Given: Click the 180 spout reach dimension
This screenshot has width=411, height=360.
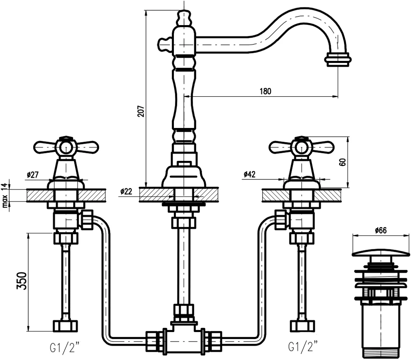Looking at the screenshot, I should tap(266, 91).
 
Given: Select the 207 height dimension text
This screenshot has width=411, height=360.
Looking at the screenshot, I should tap(141, 111).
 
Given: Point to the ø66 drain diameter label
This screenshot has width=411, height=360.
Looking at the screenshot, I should tap(381, 230).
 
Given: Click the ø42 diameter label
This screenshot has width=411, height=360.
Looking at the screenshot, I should tap(249, 174).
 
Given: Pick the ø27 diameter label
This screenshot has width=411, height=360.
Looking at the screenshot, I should tap(32, 174).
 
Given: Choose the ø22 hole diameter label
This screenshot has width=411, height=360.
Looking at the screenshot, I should tap(126, 191).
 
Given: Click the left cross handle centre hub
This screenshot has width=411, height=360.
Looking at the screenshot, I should tap(66, 146).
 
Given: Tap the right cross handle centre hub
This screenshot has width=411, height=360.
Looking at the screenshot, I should tap(301, 146).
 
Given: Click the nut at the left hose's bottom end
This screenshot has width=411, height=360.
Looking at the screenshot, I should tap(65, 325).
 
